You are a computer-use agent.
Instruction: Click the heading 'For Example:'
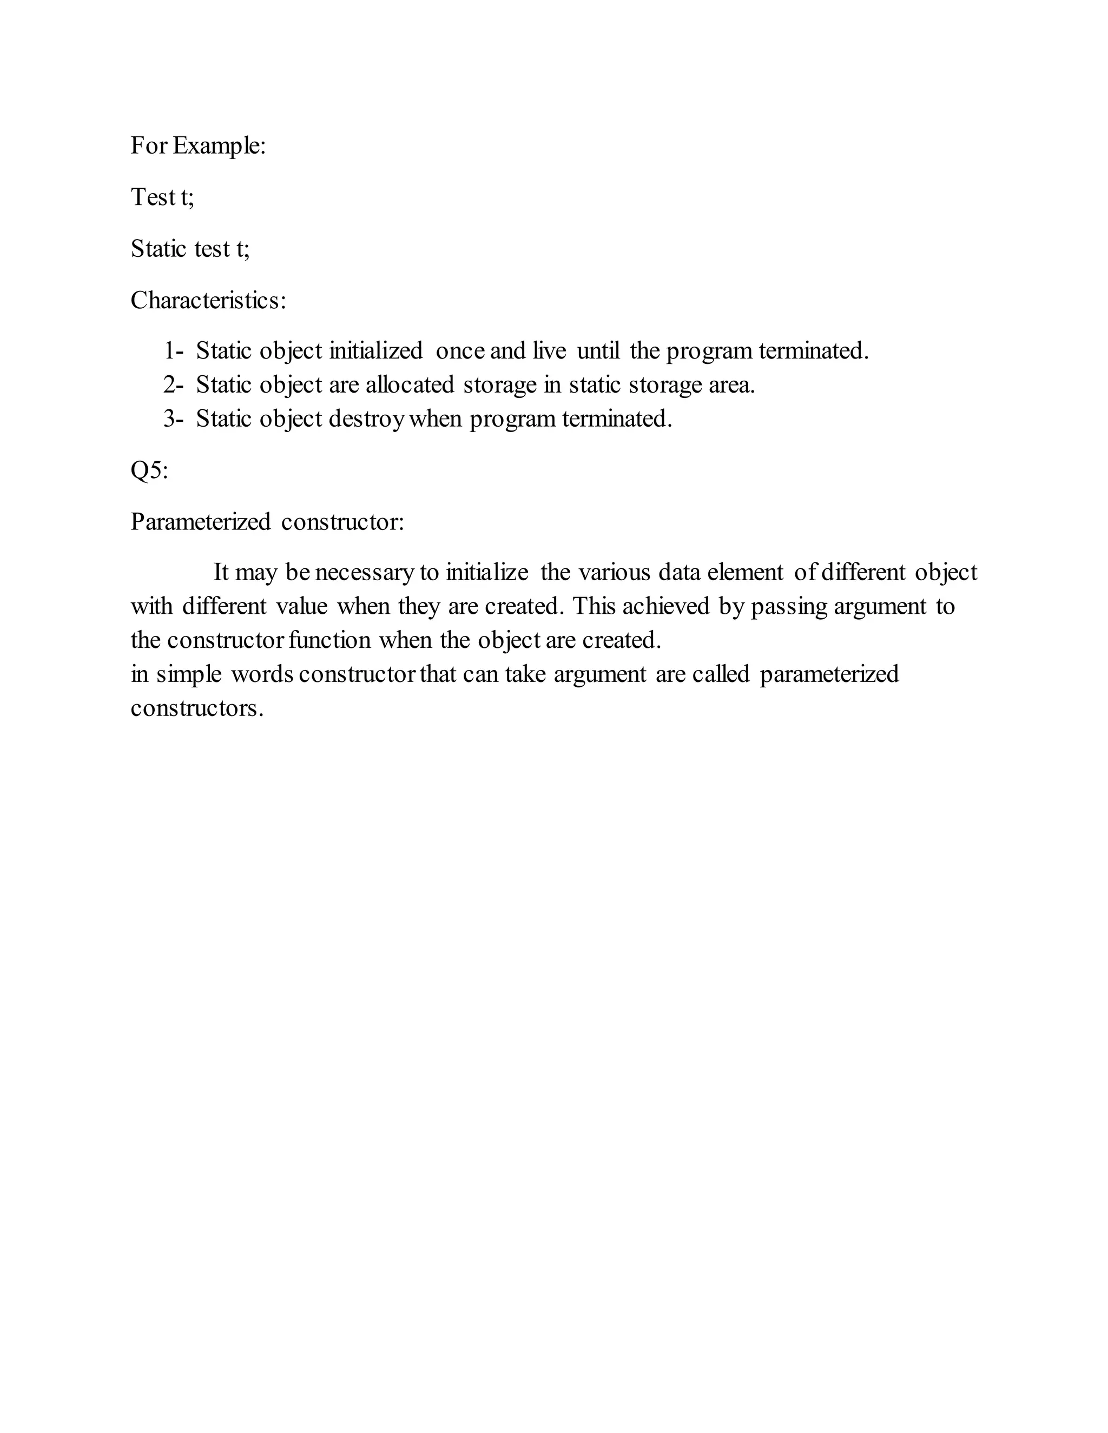(x=197, y=145)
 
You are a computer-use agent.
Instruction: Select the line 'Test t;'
(x=162, y=197)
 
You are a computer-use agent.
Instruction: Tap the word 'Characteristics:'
(x=208, y=301)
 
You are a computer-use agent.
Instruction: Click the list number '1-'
(x=173, y=351)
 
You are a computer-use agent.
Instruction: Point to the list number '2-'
(x=173, y=385)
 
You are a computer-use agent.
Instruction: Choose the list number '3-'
(x=173, y=419)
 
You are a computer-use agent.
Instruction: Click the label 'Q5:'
(x=149, y=470)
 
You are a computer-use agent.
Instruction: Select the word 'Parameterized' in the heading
(x=200, y=522)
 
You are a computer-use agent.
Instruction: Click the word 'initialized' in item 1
(x=375, y=351)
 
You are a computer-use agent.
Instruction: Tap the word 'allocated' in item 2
(x=410, y=385)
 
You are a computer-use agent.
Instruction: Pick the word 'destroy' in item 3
(x=366, y=419)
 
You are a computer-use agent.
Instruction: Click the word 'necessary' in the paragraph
(x=364, y=573)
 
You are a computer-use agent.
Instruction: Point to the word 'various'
(x=614, y=573)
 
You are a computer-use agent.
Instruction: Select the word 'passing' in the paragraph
(x=789, y=606)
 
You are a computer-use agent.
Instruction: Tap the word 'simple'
(x=189, y=674)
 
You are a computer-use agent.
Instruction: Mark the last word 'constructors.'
(x=197, y=708)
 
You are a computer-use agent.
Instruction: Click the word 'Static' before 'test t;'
(x=158, y=249)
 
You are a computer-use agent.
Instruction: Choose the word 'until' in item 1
(x=598, y=351)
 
